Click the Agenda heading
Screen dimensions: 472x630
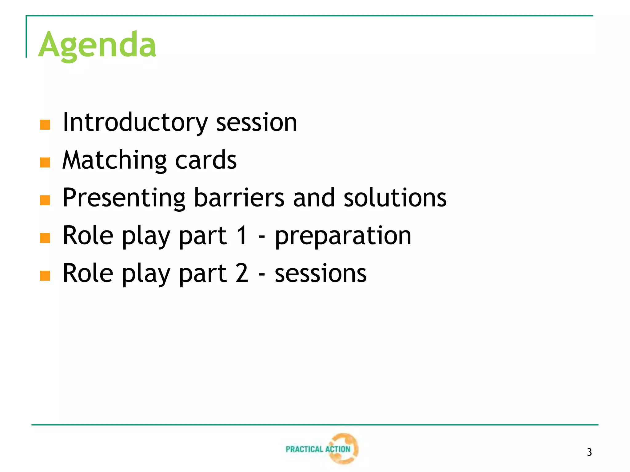97,45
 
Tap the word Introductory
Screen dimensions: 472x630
135,122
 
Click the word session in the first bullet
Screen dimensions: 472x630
257,122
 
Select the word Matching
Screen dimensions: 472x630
114,160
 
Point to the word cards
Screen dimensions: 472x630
206,160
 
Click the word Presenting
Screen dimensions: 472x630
124,198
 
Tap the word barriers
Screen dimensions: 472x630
239,198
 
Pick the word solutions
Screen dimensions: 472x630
395,198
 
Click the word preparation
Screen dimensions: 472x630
343,236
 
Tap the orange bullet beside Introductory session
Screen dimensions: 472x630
45,125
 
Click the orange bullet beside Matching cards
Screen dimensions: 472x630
45,163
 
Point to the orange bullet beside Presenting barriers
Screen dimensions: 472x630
45,200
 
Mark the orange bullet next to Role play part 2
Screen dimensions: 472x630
45,276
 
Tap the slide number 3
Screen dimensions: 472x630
589,452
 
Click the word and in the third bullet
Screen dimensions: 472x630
314,198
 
